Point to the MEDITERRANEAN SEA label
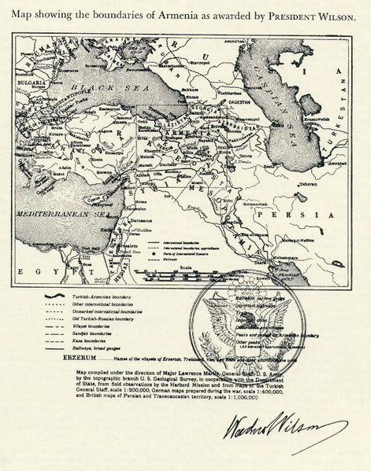(71, 212)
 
